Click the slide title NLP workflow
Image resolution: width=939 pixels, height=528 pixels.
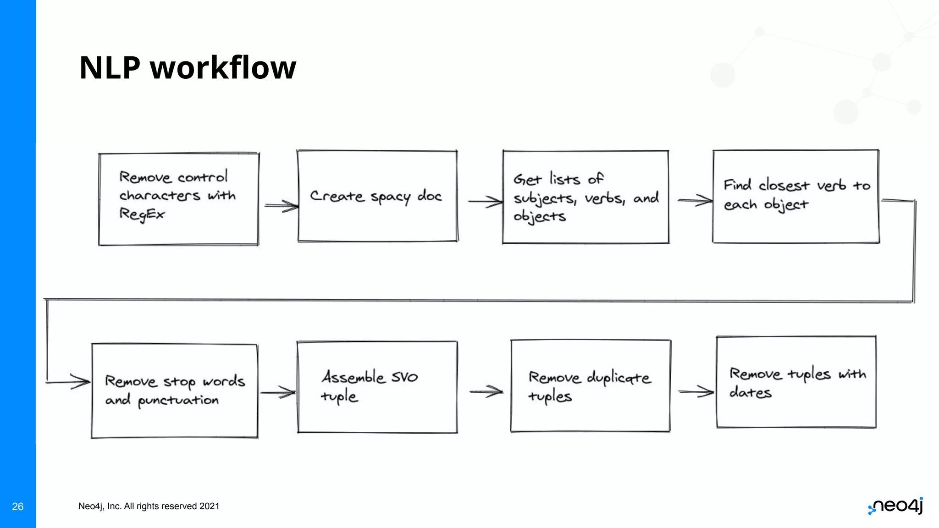(x=188, y=68)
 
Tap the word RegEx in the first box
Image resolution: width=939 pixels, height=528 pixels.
(x=142, y=214)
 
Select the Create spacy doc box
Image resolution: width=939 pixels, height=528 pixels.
(x=377, y=196)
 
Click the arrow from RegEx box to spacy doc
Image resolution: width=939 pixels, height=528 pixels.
(x=282, y=206)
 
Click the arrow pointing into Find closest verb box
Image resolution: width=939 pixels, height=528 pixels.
(x=695, y=200)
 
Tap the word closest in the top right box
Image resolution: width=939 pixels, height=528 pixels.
(x=784, y=185)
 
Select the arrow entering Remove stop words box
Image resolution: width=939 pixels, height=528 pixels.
(x=69, y=381)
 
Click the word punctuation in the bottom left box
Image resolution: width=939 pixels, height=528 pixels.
(x=178, y=400)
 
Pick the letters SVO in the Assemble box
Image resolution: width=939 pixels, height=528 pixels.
(x=404, y=377)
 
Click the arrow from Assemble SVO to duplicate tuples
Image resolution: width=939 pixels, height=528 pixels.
(x=486, y=391)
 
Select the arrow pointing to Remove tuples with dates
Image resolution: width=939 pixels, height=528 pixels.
(x=696, y=391)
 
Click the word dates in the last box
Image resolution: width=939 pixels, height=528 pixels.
(x=751, y=392)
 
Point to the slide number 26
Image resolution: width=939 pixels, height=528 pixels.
(x=17, y=506)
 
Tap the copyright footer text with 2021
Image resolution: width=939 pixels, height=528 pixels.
(x=149, y=506)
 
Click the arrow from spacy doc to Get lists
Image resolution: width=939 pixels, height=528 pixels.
(x=485, y=201)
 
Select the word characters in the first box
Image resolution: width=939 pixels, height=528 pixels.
(x=160, y=196)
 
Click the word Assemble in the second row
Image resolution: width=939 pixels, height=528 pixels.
(x=353, y=377)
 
